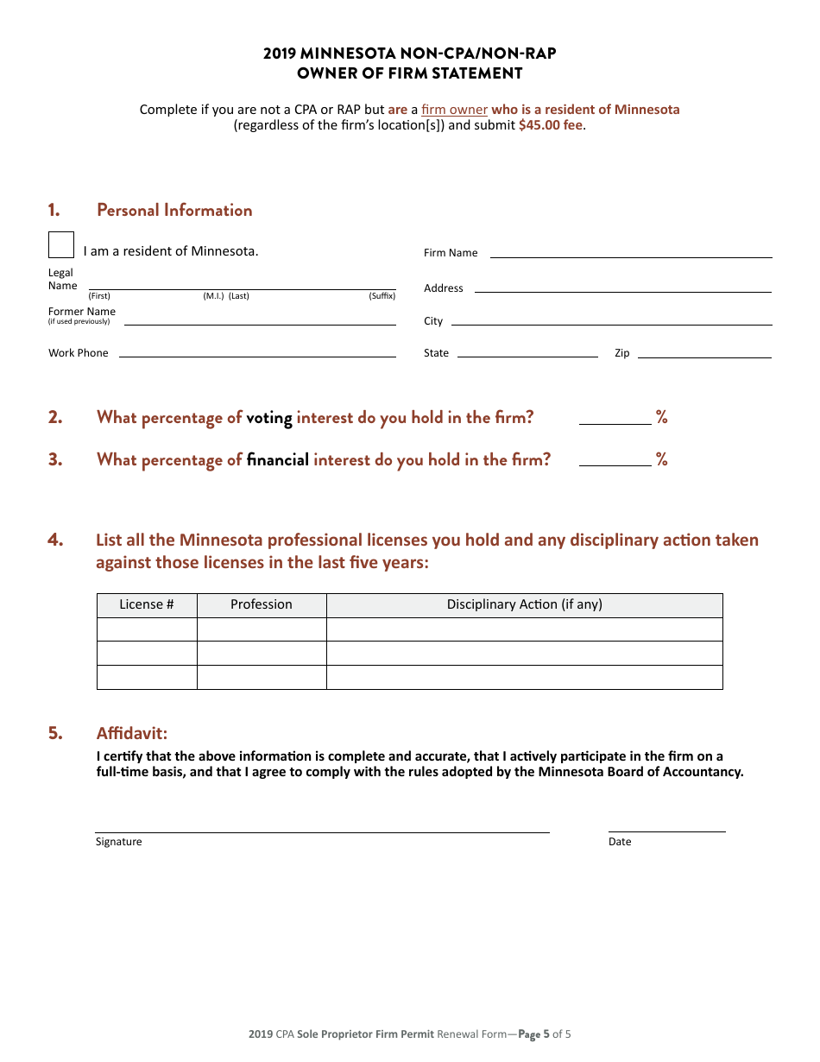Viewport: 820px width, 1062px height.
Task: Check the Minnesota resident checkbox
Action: [x=61, y=245]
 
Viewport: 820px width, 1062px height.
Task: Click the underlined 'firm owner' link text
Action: [x=454, y=110]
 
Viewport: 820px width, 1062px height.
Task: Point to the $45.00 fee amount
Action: [x=550, y=125]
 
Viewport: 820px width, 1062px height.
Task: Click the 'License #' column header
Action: [x=147, y=604]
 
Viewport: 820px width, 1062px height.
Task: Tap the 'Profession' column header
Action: [x=262, y=604]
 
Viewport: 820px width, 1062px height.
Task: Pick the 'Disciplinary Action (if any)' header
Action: [x=524, y=604]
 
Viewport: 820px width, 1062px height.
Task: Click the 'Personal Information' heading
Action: [x=174, y=210]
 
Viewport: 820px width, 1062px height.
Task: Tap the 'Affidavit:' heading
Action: [x=132, y=733]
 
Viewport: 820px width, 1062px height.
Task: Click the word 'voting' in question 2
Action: [x=269, y=418]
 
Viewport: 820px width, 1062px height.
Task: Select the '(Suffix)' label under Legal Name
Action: [x=382, y=296]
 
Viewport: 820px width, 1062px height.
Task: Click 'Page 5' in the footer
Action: [x=533, y=1034]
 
